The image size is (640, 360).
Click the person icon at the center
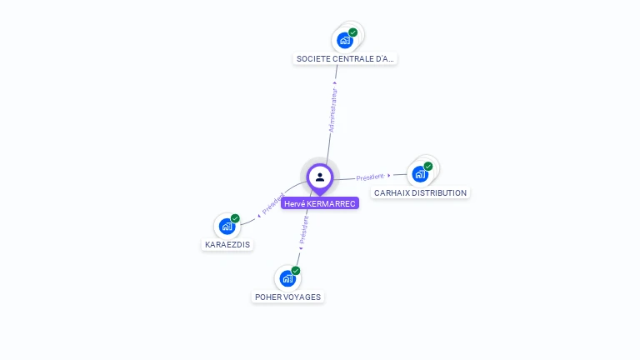(x=320, y=177)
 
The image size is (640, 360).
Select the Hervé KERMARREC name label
(x=320, y=203)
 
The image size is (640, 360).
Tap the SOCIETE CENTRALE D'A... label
(x=346, y=59)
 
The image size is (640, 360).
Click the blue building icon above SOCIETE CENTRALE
(x=344, y=40)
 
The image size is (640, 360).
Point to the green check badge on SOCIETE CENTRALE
(x=353, y=32)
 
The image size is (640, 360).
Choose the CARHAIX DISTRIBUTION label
(x=420, y=192)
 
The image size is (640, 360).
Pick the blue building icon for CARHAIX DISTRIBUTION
(x=419, y=174)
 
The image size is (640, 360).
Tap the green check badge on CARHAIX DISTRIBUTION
(x=428, y=167)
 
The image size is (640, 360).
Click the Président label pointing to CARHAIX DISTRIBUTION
(x=370, y=177)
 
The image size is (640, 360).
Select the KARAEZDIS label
(x=227, y=245)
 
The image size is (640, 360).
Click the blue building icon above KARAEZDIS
(x=227, y=226)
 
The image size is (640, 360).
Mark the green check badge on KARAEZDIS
(x=235, y=218)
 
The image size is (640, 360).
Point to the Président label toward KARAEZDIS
(x=272, y=204)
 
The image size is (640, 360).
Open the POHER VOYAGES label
(x=287, y=297)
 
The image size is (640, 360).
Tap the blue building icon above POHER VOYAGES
(x=287, y=278)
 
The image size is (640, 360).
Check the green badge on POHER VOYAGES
(x=296, y=271)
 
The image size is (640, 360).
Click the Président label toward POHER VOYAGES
(x=303, y=230)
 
